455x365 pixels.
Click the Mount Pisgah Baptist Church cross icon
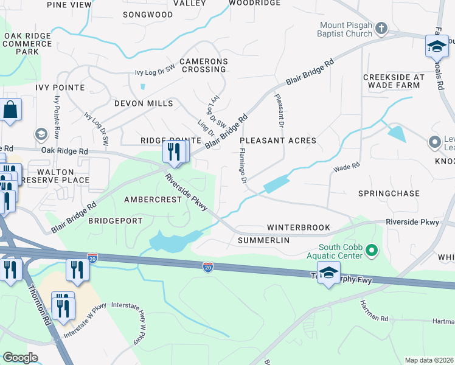click(381, 29)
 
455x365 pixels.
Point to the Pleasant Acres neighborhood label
click(282, 141)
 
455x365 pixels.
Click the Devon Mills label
click(144, 103)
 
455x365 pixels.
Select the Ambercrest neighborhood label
click(153, 200)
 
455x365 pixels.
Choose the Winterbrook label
click(299, 228)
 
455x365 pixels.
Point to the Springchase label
click(389, 193)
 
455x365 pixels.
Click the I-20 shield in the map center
click(208, 266)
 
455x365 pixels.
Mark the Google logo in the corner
click(20, 358)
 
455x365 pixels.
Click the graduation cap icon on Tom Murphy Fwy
click(328, 274)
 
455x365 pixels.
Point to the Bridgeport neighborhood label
click(115, 221)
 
